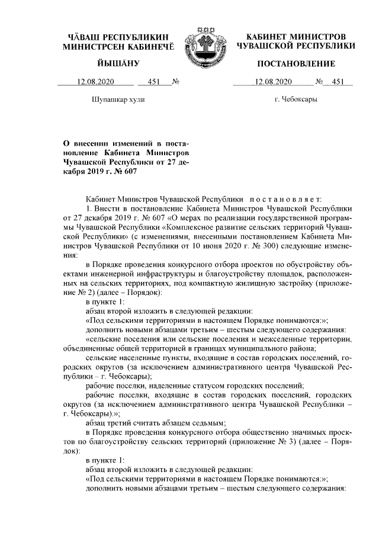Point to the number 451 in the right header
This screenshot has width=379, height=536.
338,82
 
